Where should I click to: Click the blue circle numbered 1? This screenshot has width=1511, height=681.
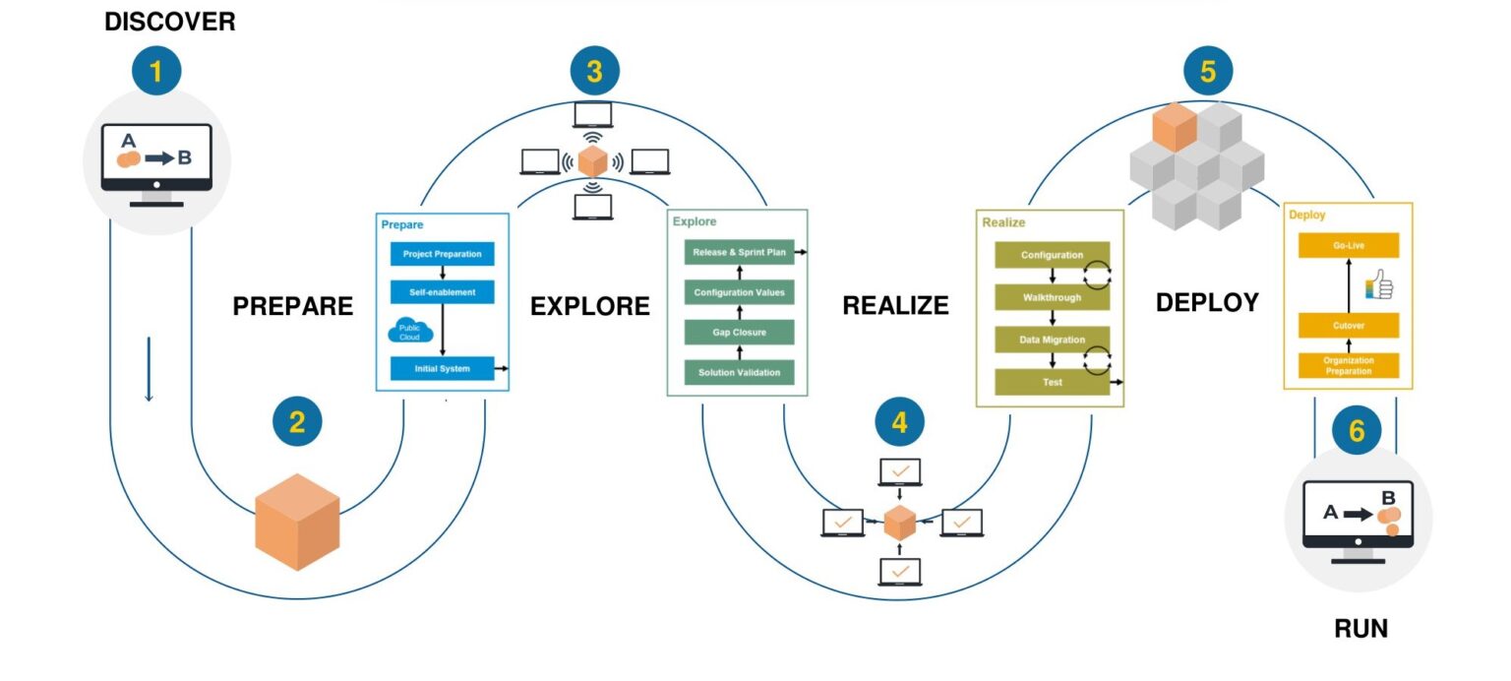coord(156,71)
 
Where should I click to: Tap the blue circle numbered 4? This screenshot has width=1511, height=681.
coord(899,422)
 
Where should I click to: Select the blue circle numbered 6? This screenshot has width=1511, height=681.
coord(1357,431)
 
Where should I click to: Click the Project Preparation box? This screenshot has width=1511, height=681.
coord(442,254)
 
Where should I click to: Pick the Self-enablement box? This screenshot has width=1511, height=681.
coord(442,292)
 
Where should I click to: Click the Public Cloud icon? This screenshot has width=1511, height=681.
coord(409,331)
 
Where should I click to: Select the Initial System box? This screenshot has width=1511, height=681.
coord(442,369)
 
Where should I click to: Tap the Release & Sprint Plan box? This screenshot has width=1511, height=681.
coord(739,253)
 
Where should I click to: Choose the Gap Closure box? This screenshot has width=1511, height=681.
coord(739,333)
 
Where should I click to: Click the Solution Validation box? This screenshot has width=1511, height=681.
coord(739,373)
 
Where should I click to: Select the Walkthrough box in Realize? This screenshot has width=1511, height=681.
coord(1052,297)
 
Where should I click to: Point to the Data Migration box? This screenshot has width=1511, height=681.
coord(1052,340)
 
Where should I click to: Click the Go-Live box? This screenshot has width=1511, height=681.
coord(1348,245)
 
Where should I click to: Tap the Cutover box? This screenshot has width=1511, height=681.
coord(1348,325)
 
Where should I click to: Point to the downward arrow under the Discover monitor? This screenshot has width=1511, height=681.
coord(150,369)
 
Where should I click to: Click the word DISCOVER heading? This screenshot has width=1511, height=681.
coord(170,21)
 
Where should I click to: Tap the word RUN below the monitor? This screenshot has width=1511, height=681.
coord(1360,629)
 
